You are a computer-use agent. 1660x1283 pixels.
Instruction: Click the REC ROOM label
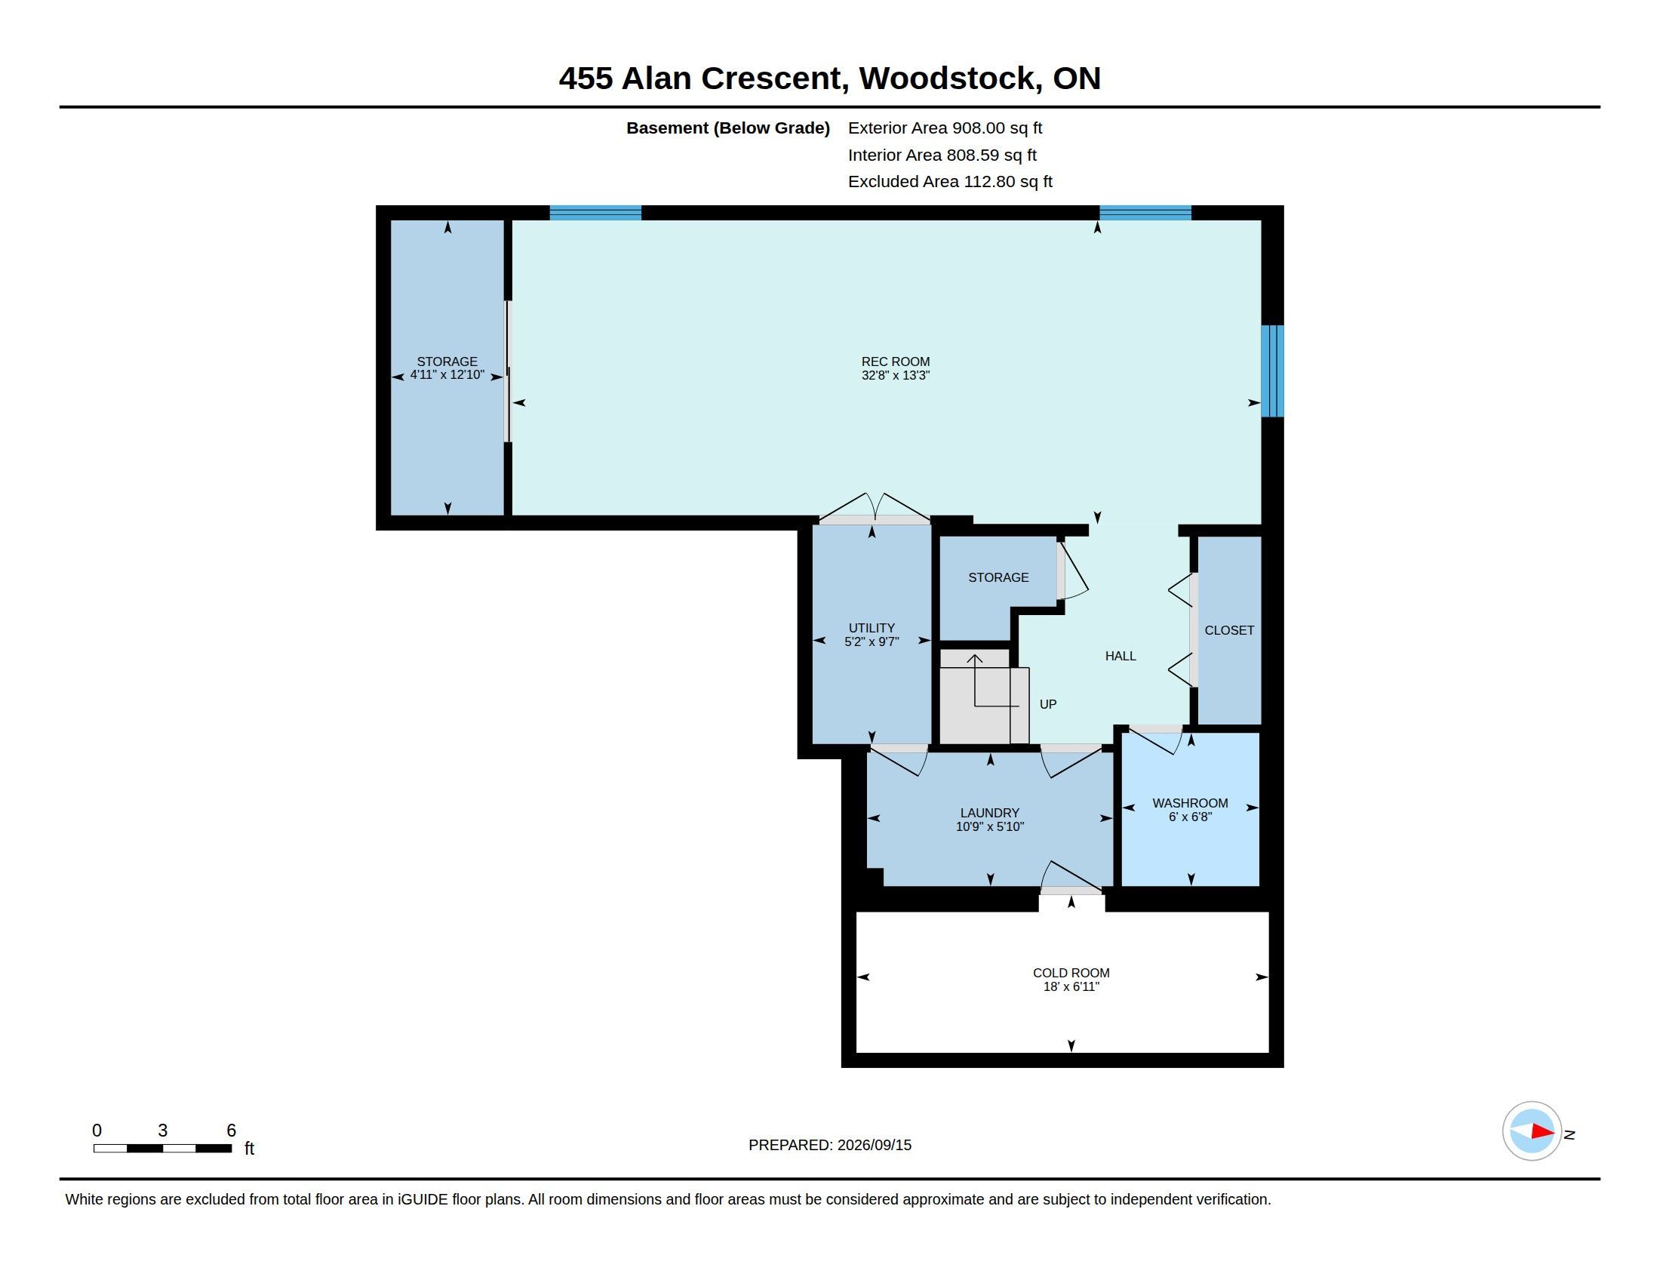pos(896,362)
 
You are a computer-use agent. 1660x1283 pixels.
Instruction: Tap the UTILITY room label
pos(871,628)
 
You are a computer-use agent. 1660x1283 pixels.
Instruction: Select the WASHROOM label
pos(1190,803)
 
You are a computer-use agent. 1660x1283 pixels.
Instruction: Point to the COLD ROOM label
pos(1071,973)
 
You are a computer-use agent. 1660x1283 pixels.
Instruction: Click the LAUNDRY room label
pos(990,813)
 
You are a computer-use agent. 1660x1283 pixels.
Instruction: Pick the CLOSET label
pos(1229,630)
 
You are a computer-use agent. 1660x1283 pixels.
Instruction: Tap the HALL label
pos(1120,656)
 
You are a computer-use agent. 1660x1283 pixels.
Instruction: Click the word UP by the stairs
pos(1048,705)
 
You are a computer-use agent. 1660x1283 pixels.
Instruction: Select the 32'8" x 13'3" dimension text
pos(896,376)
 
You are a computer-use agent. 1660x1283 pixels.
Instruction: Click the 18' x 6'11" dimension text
pos(1071,986)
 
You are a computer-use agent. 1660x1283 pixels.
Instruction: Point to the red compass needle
pos(1543,1132)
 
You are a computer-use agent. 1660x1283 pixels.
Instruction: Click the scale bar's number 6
pos(231,1131)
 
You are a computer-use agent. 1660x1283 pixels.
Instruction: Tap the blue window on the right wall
pos(1272,371)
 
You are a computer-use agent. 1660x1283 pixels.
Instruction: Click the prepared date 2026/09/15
pos(874,1145)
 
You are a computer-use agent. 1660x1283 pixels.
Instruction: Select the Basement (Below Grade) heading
pos(727,128)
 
